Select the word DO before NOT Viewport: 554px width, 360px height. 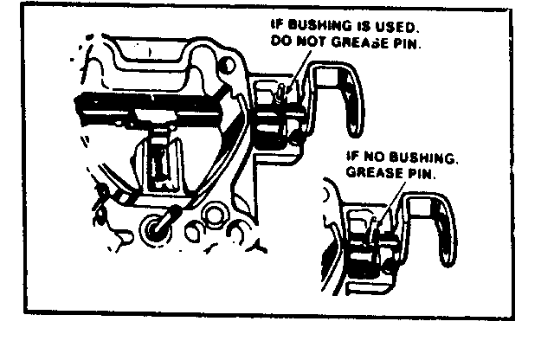[280, 41]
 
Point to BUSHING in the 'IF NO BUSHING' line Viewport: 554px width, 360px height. [422, 157]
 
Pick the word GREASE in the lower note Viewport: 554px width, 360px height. [375, 173]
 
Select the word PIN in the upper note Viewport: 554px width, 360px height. [408, 43]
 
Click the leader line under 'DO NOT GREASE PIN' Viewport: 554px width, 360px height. [300, 72]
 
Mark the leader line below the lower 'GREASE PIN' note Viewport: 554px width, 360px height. [390, 206]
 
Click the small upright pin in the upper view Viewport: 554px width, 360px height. [281, 93]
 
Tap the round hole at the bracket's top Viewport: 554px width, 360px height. [227, 66]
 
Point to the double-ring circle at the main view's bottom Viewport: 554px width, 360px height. [215, 215]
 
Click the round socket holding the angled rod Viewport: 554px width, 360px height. [156, 229]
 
